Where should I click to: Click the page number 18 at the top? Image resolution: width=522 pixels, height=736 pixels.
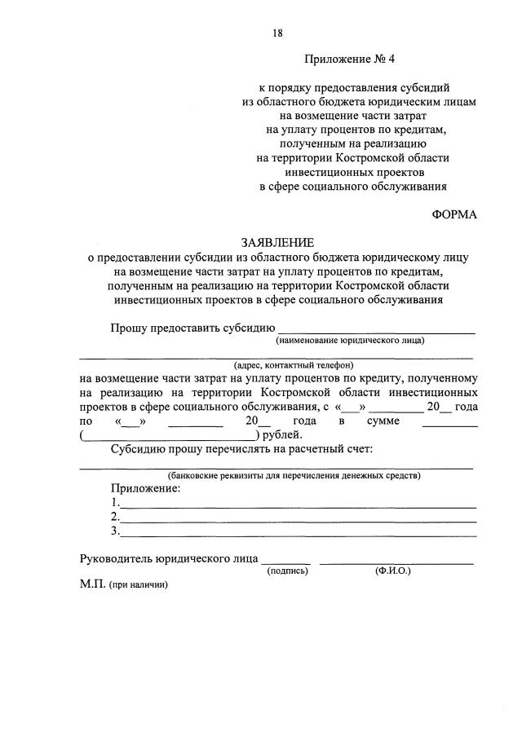point(277,33)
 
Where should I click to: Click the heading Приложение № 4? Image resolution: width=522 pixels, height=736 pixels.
point(343,59)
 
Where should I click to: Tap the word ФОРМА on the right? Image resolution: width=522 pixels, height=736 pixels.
point(453,214)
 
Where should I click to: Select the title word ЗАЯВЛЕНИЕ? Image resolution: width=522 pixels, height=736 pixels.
point(277,243)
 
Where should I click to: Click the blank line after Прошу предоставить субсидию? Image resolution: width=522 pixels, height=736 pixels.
point(377,329)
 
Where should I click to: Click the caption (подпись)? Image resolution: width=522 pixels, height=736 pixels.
point(288,571)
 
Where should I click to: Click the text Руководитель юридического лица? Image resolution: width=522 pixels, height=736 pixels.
point(169,560)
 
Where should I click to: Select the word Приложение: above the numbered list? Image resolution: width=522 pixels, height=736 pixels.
point(146,489)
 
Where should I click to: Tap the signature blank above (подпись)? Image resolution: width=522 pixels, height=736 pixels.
point(286,561)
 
